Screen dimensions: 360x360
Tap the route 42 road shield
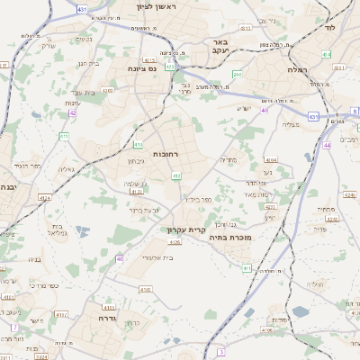click(x=72, y=112)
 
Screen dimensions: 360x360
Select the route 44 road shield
click(x=327, y=144)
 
